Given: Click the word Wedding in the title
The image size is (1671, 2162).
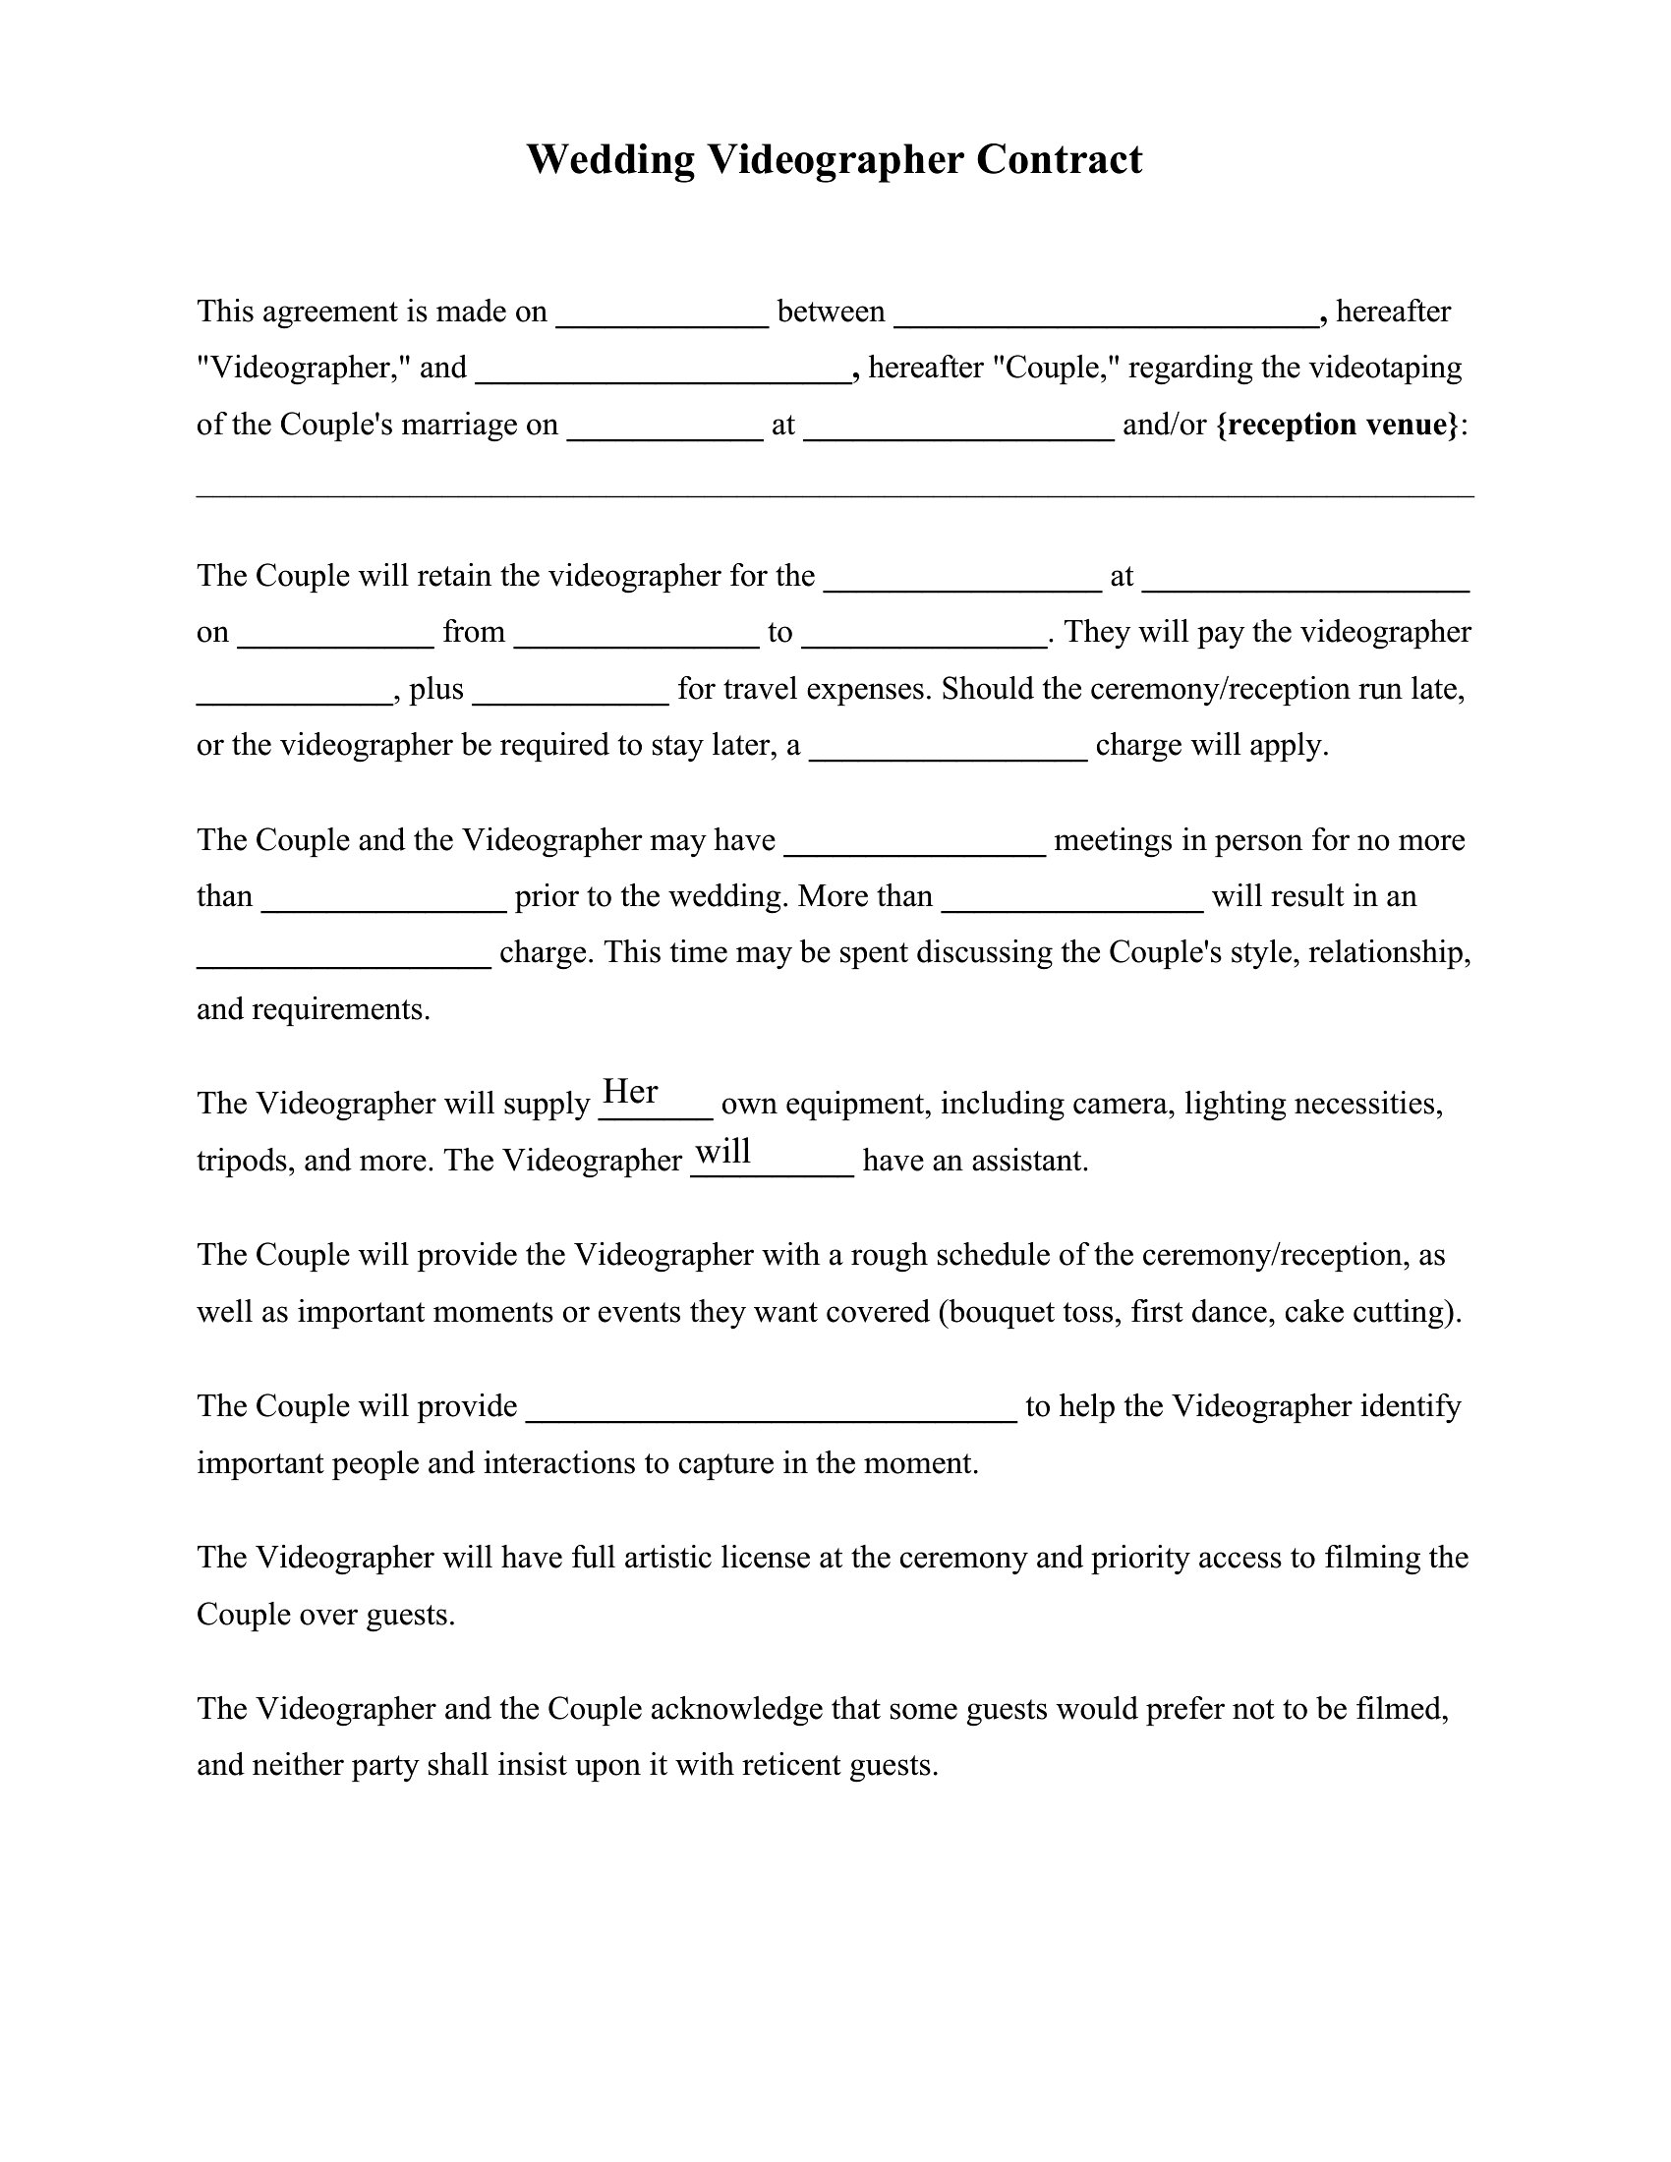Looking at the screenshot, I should coord(609,160).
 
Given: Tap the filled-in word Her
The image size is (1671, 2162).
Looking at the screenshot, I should coord(631,1092).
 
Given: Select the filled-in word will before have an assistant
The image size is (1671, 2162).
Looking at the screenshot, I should coord(723,1152).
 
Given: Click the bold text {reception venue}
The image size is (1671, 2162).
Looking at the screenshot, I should coord(1338,425).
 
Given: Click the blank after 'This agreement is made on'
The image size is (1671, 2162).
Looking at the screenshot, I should coord(663,313).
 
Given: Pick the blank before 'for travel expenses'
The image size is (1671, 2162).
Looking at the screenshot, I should coord(571,691).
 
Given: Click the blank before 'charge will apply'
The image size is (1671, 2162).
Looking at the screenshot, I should coord(949,748).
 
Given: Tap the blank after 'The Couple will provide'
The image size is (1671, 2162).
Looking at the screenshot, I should coord(772,1408).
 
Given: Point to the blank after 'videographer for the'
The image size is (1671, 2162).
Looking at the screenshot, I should coord(962,578).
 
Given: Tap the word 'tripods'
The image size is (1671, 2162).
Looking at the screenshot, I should coord(242,1162).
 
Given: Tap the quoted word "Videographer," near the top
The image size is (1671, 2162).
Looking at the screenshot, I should coord(304,369).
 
